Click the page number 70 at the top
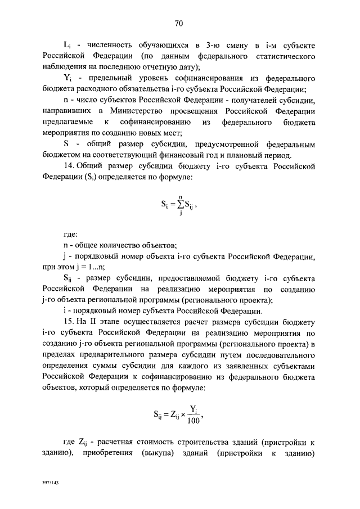point(179,23)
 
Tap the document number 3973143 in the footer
point(51,483)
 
